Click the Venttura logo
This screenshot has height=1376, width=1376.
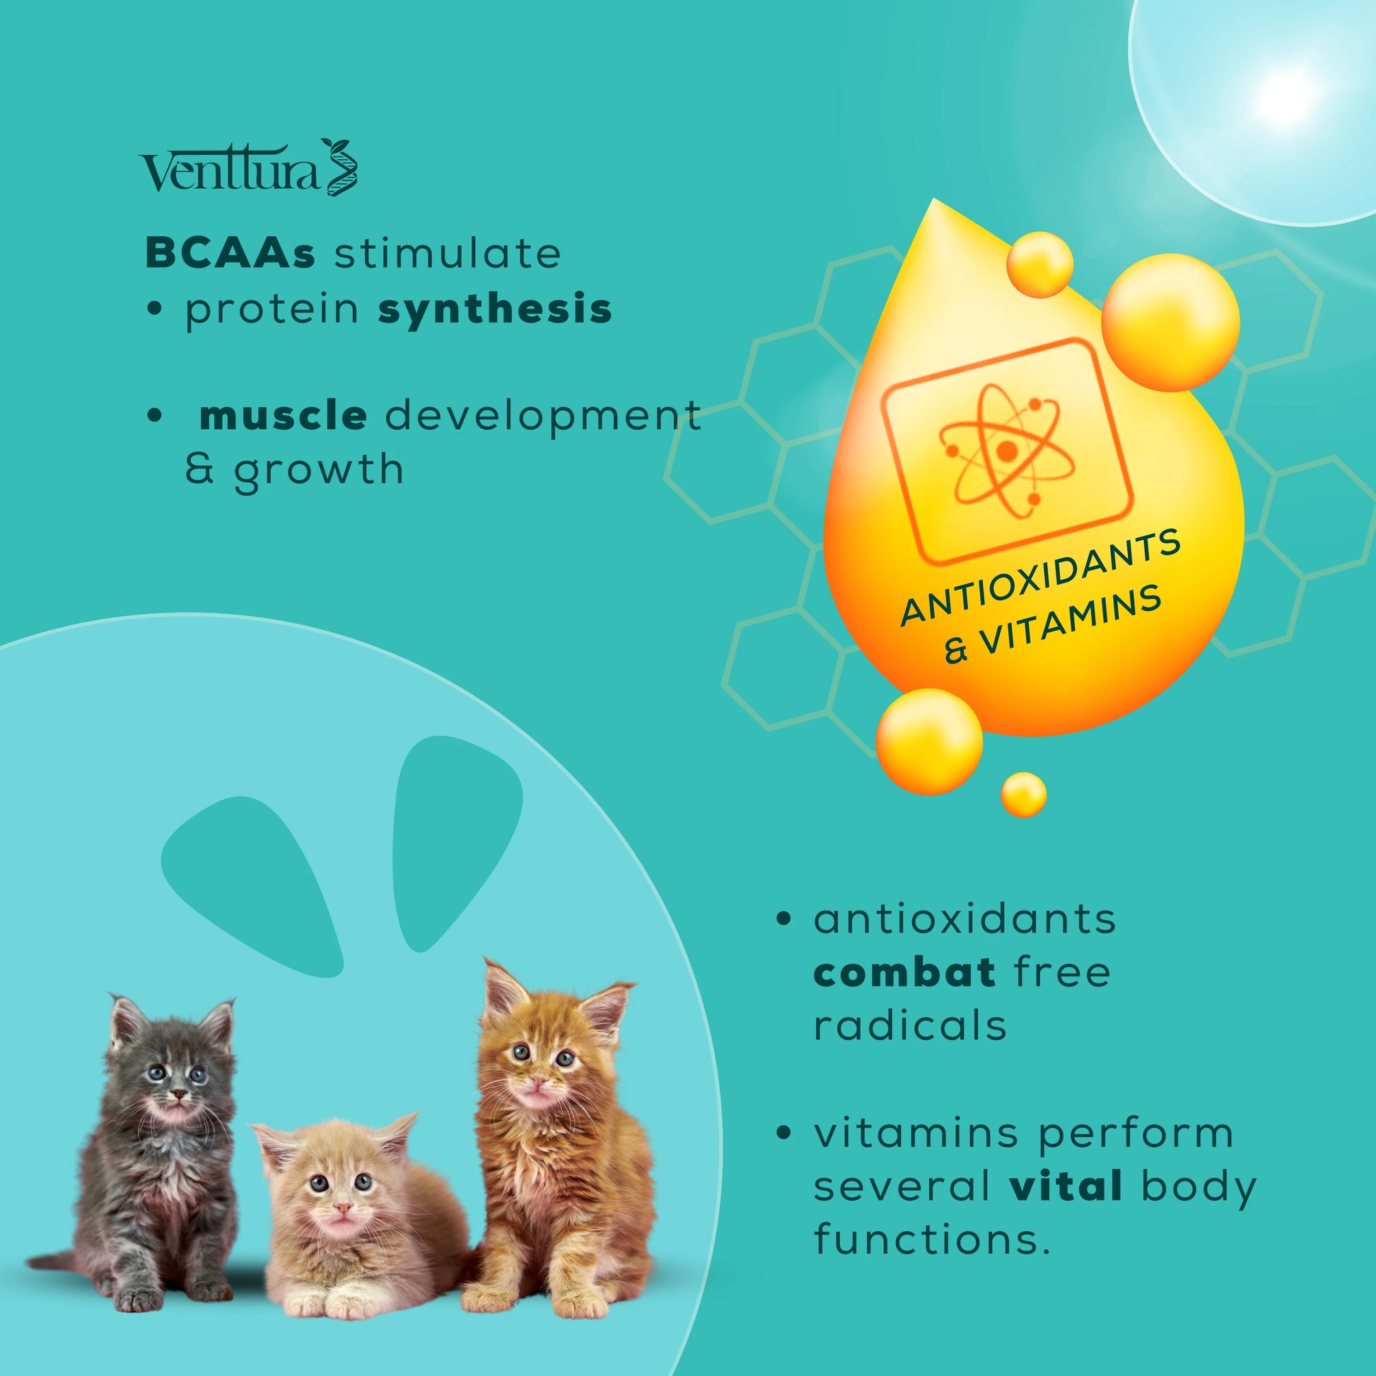click(x=249, y=168)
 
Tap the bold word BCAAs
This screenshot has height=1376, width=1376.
click(x=230, y=254)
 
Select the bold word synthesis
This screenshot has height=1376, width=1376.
click(x=495, y=310)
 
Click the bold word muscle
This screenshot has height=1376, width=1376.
click(x=284, y=416)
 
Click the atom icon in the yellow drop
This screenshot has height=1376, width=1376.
click(x=1006, y=451)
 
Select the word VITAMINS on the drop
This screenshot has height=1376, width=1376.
click(x=1071, y=619)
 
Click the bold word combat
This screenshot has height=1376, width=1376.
click(x=904, y=973)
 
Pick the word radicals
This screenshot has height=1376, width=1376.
click(x=910, y=1026)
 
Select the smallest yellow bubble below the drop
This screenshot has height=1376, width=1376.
click(x=1023, y=794)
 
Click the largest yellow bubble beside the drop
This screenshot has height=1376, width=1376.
click(x=1171, y=322)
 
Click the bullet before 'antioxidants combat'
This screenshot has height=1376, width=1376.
click(x=784, y=919)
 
